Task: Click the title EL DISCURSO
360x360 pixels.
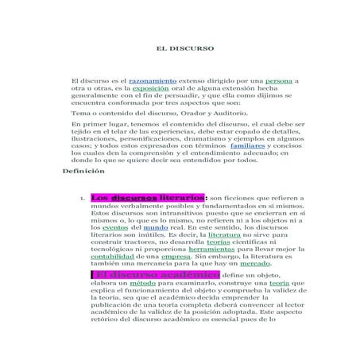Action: (181, 48)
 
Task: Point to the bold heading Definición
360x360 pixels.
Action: (83, 171)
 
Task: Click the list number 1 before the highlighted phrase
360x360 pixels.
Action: (83, 199)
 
